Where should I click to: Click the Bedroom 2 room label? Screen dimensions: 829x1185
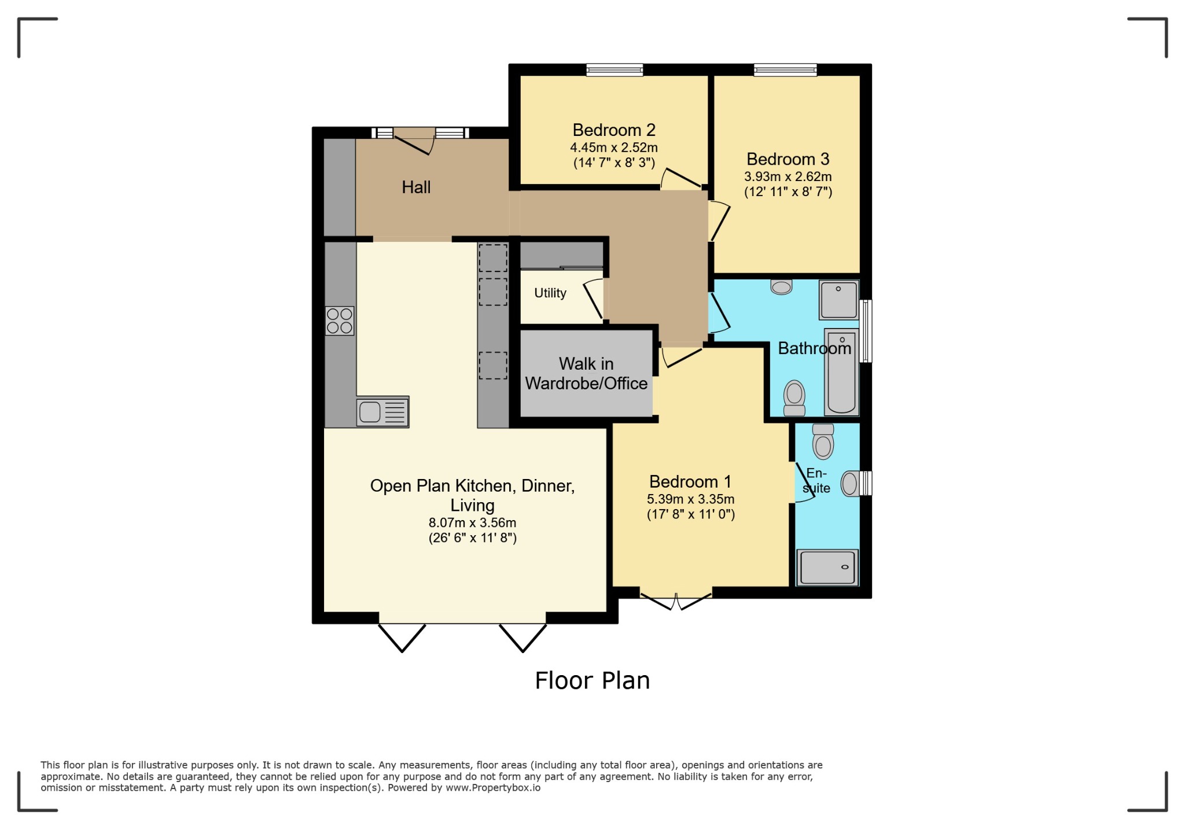614,130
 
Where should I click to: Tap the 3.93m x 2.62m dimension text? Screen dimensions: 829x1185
787,176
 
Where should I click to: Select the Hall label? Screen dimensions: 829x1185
416,187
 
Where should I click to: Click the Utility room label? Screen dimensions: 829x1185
550,293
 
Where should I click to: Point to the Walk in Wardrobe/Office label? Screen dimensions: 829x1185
586,373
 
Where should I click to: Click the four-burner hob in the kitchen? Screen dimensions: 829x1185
340,321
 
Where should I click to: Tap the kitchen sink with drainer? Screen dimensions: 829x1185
382,412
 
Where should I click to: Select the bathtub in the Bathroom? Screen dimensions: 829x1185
841,371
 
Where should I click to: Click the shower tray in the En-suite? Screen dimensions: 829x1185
827,567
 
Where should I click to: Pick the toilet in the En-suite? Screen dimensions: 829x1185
823,441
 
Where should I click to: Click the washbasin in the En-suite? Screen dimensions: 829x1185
849,483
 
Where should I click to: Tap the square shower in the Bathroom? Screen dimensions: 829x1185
838,300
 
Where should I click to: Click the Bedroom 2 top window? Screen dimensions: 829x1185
614,70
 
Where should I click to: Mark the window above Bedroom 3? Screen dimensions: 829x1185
785,70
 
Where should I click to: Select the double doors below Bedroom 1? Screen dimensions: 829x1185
676,600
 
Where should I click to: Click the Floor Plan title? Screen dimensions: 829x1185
592,680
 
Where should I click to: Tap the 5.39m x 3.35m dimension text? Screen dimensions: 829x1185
690,499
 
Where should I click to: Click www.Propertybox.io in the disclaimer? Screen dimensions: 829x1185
492,787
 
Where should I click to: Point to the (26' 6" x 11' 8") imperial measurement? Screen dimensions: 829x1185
472,538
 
